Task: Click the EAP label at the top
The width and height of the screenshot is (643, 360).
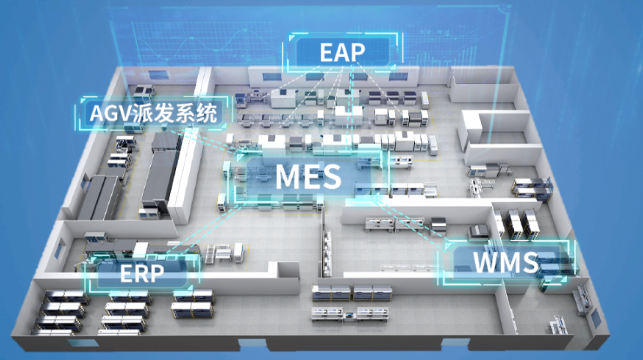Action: pyautogui.click(x=342, y=52)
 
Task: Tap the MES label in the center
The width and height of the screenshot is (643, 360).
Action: pyautogui.click(x=308, y=177)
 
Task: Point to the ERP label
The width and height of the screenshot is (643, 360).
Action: pyautogui.click(x=142, y=273)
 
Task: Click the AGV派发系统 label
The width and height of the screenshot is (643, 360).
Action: pyautogui.click(x=153, y=113)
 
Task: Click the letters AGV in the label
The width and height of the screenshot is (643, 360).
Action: pyautogui.click(x=108, y=114)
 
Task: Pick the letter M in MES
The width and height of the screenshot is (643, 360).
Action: pyautogui.click(x=288, y=177)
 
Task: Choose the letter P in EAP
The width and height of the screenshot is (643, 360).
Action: pyautogui.click(x=358, y=52)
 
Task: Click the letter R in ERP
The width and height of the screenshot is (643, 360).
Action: pyautogui.click(x=142, y=273)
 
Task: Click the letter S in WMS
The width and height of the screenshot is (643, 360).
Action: pyautogui.click(x=530, y=262)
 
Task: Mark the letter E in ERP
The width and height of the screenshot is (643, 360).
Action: pyautogui.click(x=126, y=273)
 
